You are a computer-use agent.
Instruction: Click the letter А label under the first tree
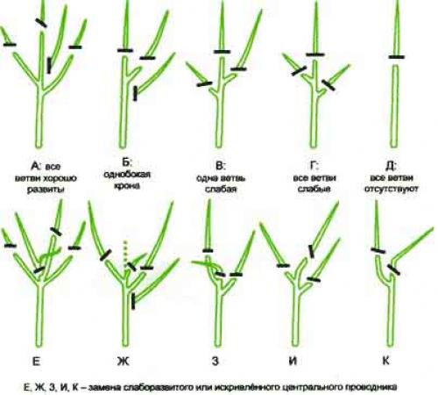(35, 166)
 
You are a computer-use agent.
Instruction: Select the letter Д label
(391, 166)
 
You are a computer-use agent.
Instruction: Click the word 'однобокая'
(127, 175)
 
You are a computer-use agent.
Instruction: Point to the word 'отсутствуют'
(392, 189)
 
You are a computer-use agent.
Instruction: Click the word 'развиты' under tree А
(46, 190)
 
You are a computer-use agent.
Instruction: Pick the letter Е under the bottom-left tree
(36, 362)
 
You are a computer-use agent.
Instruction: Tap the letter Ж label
(123, 362)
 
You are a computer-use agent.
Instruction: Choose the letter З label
(215, 362)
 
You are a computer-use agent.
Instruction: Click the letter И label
(293, 361)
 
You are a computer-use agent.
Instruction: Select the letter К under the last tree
(385, 361)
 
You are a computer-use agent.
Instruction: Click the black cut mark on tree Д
(397, 57)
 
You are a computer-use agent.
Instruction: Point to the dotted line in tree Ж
(125, 254)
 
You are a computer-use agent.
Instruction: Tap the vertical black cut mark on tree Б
(135, 93)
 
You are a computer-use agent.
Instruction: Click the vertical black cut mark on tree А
(49, 65)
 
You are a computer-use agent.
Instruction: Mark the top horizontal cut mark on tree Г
(315, 54)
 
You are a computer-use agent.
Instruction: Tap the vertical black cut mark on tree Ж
(133, 301)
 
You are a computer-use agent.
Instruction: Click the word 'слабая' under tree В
(221, 189)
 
